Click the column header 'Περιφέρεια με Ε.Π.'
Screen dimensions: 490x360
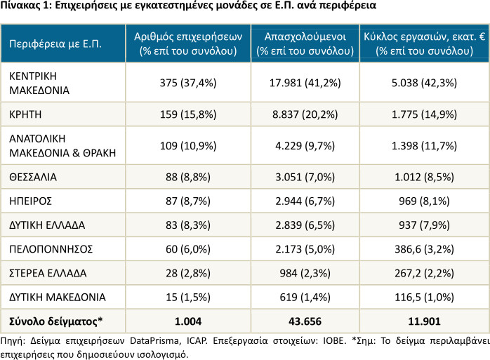[x=55, y=44]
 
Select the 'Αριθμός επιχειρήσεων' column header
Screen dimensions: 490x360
[x=188, y=37]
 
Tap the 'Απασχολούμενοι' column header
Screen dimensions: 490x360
[x=305, y=37]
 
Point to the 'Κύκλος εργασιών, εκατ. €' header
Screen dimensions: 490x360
[x=425, y=37]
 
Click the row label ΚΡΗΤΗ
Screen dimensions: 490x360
[x=25, y=114]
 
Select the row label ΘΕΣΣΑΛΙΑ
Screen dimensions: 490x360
[x=33, y=177]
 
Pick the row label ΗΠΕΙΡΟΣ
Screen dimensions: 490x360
[x=30, y=201]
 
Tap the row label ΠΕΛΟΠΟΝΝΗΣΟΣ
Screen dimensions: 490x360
[x=51, y=249]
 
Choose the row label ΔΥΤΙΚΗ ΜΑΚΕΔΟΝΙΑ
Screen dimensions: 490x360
[x=57, y=297]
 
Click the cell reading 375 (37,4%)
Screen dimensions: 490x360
[x=188, y=83]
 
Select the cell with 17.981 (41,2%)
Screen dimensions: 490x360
[x=305, y=83]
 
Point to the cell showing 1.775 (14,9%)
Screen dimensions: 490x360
[x=425, y=114]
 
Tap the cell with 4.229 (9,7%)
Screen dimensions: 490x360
[x=305, y=146]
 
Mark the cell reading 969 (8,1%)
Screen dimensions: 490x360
[x=425, y=201]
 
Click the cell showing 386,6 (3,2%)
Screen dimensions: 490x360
[x=425, y=249]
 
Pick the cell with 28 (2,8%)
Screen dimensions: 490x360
[x=188, y=273]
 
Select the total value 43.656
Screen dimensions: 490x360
[x=305, y=321]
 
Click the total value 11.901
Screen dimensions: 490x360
[x=425, y=321]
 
